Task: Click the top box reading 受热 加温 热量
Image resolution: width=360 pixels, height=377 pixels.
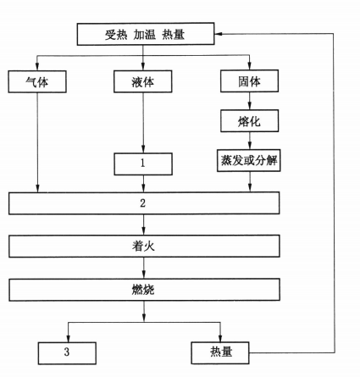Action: (146, 34)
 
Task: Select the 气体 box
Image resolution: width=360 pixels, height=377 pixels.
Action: (37, 81)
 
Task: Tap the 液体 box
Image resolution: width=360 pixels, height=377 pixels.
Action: (143, 81)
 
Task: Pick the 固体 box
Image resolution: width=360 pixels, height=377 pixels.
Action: (249, 81)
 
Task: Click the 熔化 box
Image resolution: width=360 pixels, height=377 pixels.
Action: (249, 121)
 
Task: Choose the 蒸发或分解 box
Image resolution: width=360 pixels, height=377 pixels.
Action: (249, 160)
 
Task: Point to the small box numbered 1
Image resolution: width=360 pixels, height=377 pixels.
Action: (143, 164)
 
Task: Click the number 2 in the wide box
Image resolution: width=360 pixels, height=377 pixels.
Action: (143, 203)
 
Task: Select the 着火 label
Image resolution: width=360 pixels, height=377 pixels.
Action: (143, 246)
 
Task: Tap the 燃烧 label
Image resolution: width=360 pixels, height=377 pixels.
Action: (143, 290)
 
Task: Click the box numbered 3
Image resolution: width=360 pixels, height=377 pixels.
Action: (67, 353)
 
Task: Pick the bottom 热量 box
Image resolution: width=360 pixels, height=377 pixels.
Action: (220, 352)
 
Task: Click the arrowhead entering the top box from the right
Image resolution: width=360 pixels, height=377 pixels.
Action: (218, 34)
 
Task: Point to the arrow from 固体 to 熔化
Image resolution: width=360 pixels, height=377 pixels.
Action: (249, 101)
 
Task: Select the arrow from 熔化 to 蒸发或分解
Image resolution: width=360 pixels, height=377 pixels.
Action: (249, 141)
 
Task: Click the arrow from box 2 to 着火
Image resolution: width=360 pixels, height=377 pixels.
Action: (144, 225)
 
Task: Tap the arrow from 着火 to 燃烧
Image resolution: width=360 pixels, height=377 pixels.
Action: (144, 268)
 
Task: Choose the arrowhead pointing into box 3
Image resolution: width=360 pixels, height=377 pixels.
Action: (68, 339)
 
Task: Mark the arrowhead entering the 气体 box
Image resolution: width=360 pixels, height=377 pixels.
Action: (37, 67)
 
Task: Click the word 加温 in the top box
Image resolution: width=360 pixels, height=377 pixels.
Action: (145, 35)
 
